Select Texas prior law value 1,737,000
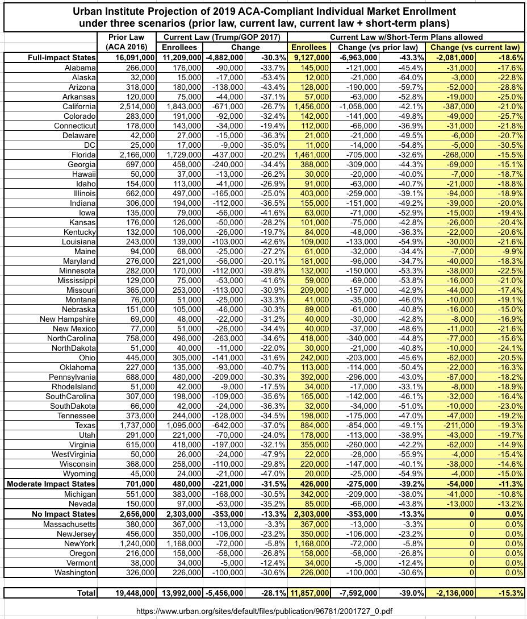[x=135, y=425]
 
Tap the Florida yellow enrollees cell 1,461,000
[x=309, y=155]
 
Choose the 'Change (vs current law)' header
[x=475, y=47]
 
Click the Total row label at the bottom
[x=86, y=593]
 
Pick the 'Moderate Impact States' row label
[x=51, y=484]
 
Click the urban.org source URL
[x=264, y=611]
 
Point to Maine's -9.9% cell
[x=512, y=251]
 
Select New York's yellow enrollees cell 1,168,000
[x=309, y=543]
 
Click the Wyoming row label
[x=79, y=473]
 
